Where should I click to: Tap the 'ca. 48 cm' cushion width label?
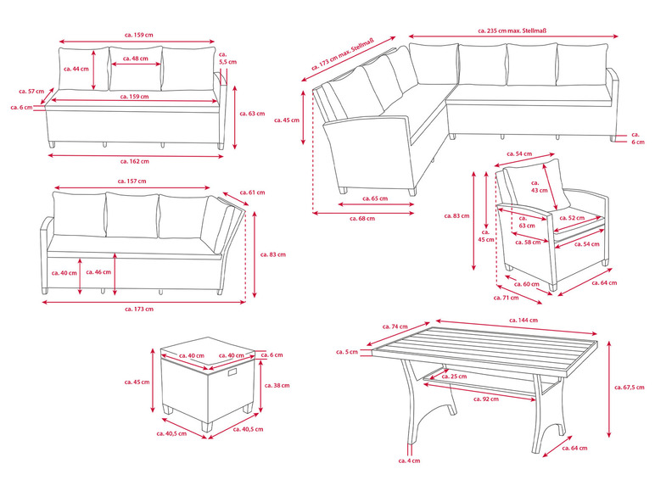[x=136, y=59]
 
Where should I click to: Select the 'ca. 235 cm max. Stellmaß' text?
[x=513, y=30]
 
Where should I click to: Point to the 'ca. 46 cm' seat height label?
[x=102, y=272]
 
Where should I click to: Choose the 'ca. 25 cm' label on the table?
[x=457, y=376]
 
